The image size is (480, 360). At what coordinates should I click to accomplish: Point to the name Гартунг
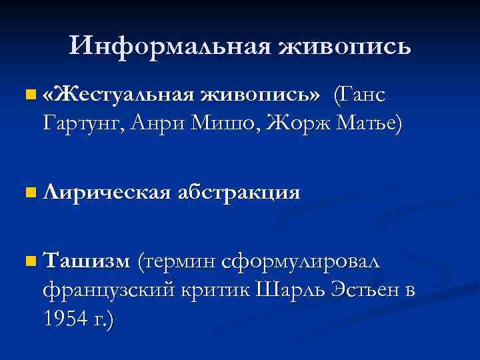[x=79, y=122]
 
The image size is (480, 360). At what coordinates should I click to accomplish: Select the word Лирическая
[x=106, y=193]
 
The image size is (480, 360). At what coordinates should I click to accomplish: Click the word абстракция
[x=239, y=193]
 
